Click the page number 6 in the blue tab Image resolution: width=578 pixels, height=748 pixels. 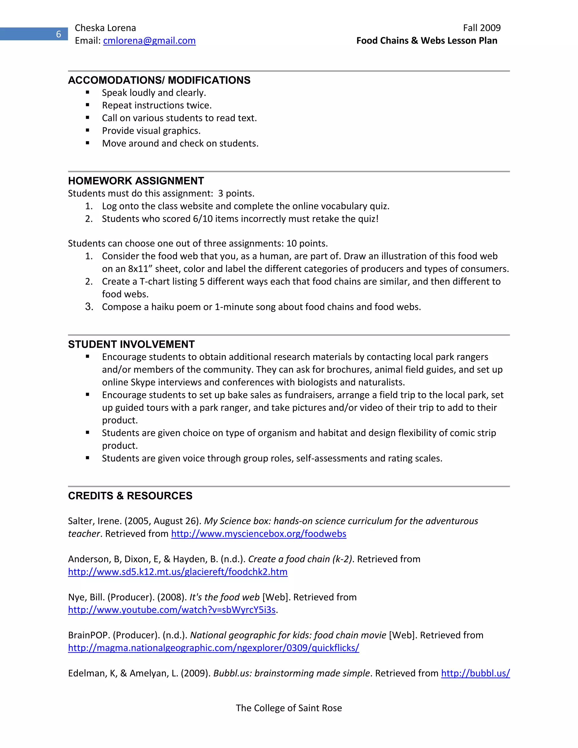[58, 34]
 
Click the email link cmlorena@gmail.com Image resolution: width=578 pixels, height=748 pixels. [149, 41]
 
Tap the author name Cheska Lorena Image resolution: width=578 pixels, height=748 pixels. [105, 28]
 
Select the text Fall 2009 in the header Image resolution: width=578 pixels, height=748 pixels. [481, 28]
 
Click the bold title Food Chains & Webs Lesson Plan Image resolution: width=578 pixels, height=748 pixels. [426, 41]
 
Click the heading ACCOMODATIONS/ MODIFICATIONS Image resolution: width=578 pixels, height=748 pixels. [159, 80]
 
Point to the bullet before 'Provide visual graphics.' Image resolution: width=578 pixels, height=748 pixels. [88, 130]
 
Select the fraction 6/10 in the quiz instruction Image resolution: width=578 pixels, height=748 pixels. [203, 219]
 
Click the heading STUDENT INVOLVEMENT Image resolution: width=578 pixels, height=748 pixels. [131, 344]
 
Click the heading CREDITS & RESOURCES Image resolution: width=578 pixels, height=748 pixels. [130, 496]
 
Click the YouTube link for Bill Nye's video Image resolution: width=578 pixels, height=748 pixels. [172, 610]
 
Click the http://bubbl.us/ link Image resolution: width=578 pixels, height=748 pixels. [475, 673]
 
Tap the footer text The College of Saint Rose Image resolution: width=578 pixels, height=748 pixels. [289, 708]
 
